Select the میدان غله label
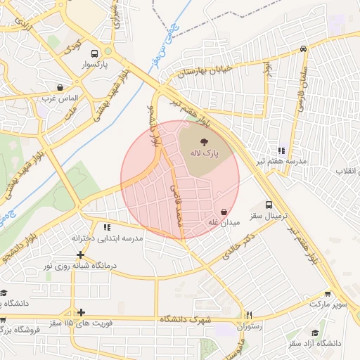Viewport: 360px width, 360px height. (x=224, y=223)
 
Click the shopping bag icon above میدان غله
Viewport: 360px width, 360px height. (x=224, y=212)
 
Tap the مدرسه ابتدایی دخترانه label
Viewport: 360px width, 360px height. (x=108, y=238)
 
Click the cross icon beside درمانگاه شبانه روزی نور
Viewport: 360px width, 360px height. (x=82, y=255)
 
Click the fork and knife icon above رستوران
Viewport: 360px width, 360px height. (x=248, y=315)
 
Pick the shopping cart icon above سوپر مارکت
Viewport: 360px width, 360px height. (x=328, y=294)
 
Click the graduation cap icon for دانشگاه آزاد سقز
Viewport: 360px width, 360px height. (x=315, y=332)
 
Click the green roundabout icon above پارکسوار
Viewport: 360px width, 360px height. (x=109, y=51)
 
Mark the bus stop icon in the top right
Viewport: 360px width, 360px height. (x=303, y=49)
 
